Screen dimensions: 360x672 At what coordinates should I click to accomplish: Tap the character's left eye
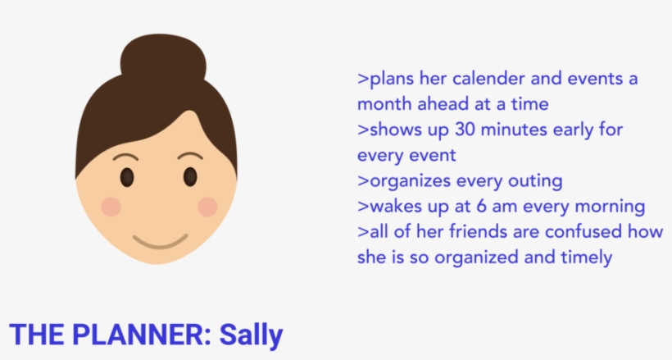click(x=127, y=176)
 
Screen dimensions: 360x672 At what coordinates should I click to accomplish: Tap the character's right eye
click(x=190, y=176)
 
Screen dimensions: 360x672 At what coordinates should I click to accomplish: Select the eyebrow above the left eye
click(x=125, y=156)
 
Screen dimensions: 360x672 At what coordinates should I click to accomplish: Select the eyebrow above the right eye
click(x=190, y=155)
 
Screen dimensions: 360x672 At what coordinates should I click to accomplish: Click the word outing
click(x=536, y=181)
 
